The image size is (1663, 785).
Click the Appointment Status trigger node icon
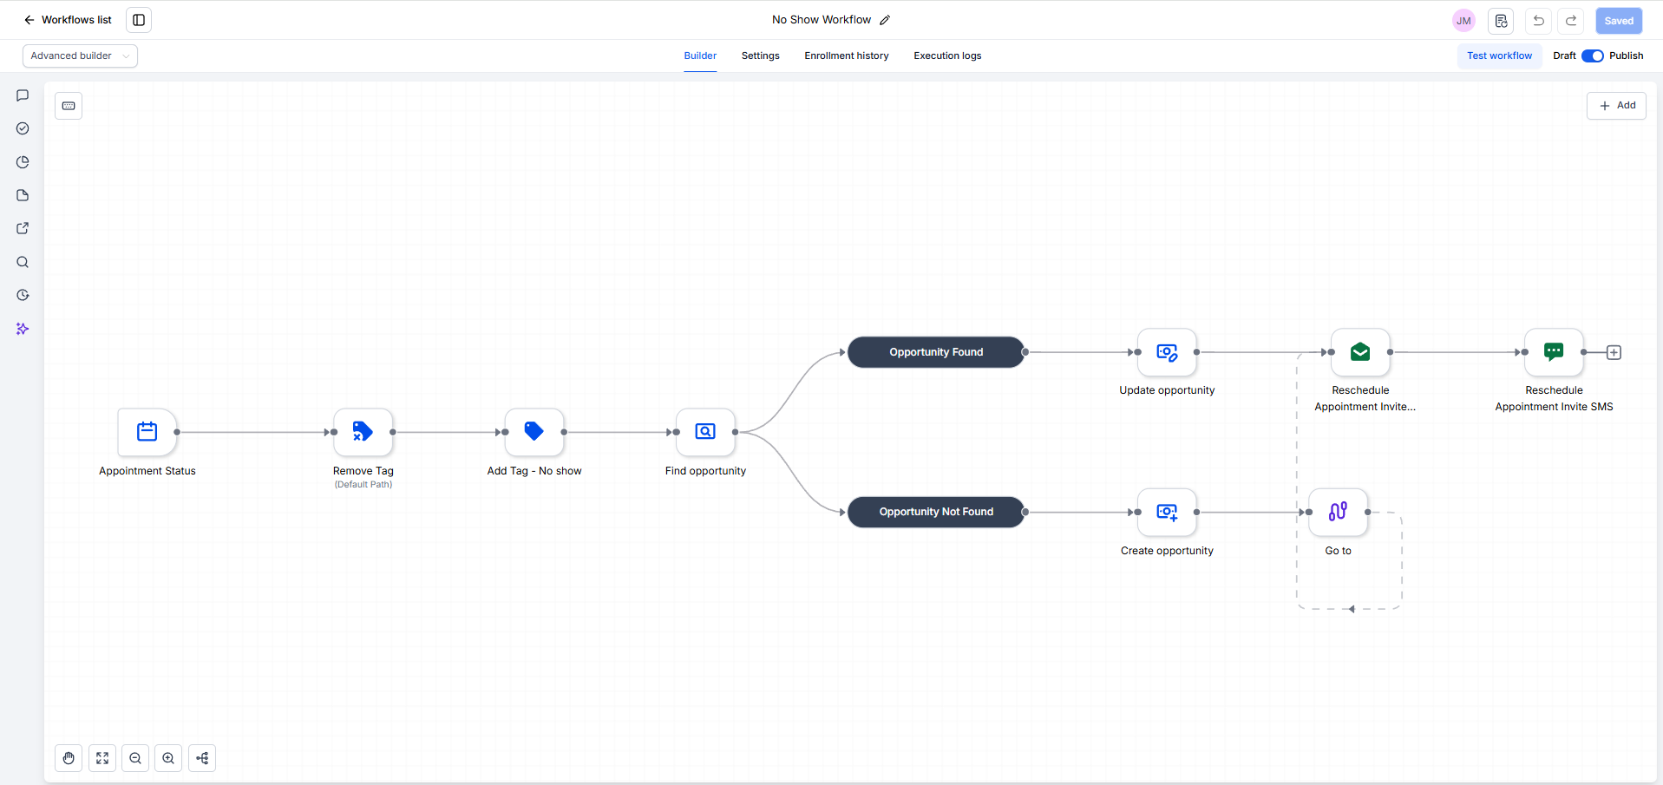pyautogui.click(x=147, y=432)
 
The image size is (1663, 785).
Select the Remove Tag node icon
pyautogui.click(x=363, y=432)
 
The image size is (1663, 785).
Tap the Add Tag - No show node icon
pyautogui.click(x=534, y=432)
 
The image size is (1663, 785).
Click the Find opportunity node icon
pyautogui.click(x=705, y=432)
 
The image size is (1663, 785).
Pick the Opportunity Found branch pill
pyautogui.click(x=936, y=352)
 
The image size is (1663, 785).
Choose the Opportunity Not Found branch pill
pyautogui.click(x=936, y=512)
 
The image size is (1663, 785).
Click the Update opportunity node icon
pyautogui.click(x=1167, y=352)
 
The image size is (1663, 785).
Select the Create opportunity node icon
pyautogui.click(x=1167, y=512)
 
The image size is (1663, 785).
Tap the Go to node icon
pyautogui.click(x=1338, y=512)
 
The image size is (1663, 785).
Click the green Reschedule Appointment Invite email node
pyautogui.click(x=1360, y=352)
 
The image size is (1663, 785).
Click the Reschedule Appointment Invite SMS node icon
pyautogui.click(x=1554, y=352)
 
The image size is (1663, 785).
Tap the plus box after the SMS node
pyautogui.click(x=1614, y=352)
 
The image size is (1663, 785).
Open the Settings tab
pyautogui.click(x=761, y=56)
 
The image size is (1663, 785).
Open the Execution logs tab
pyautogui.click(x=947, y=56)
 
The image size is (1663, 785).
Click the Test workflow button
pyautogui.click(x=1499, y=56)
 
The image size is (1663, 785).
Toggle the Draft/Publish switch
pyautogui.click(x=1593, y=56)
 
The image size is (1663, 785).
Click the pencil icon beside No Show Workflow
pyautogui.click(x=885, y=20)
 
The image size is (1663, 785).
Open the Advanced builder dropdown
pyautogui.click(x=80, y=56)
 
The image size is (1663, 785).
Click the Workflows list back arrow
pyautogui.click(x=29, y=20)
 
